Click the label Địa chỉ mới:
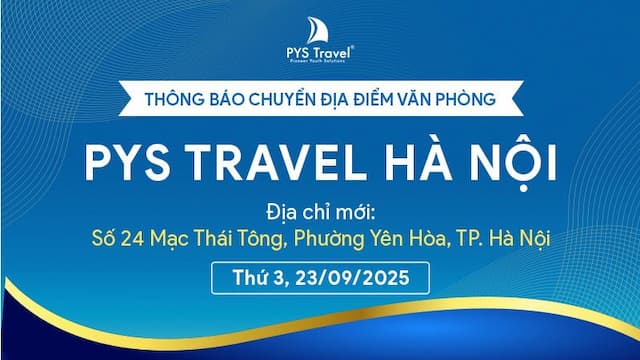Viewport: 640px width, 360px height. click(320, 212)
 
